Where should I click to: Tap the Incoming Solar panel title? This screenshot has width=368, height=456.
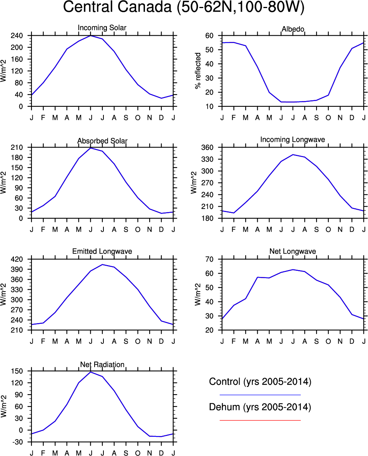(x=102, y=28)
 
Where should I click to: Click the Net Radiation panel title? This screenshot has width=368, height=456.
(x=102, y=364)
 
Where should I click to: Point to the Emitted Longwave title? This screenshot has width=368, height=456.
(x=102, y=251)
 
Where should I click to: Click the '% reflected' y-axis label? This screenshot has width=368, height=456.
(x=198, y=71)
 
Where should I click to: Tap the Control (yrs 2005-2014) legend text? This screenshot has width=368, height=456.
(x=260, y=382)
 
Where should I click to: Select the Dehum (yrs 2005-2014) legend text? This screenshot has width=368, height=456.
(x=260, y=407)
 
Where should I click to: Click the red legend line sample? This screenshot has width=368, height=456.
(x=260, y=420)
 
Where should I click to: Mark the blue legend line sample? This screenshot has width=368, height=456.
(x=260, y=395)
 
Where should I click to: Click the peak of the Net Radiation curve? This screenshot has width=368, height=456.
(x=90, y=372)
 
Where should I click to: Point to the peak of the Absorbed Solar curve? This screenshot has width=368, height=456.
(x=90, y=148)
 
